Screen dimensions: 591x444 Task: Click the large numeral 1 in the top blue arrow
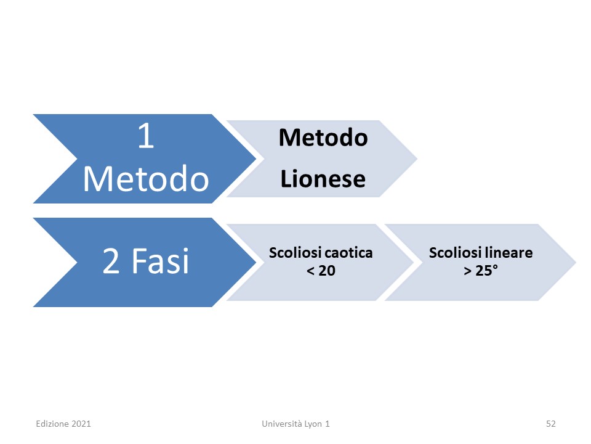tap(146, 136)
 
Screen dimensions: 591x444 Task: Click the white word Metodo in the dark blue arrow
tap(146, 179)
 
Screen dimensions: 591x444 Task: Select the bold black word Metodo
tap(323, 138)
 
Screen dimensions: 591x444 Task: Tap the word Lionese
tap(323, 179)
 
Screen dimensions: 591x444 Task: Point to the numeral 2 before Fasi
tap(111, 261)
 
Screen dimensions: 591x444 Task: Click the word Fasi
tap(160, 261)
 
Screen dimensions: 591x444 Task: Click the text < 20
tap(321, 271)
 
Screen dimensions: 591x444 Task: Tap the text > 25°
tap(481, 271)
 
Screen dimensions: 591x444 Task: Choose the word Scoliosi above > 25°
tap(456, 253)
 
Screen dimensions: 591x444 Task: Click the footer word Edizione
tap(52, 424)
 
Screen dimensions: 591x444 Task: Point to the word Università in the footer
tap(282, 424)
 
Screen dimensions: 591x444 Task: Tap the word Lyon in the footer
tap(313, 424)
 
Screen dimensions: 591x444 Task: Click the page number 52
tap(550, 424)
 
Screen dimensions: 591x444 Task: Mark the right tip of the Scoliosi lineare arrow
tap(576, 262)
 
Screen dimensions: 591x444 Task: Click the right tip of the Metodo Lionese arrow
tap(417, 159)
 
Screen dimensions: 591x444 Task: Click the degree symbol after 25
tap(495, 267)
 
